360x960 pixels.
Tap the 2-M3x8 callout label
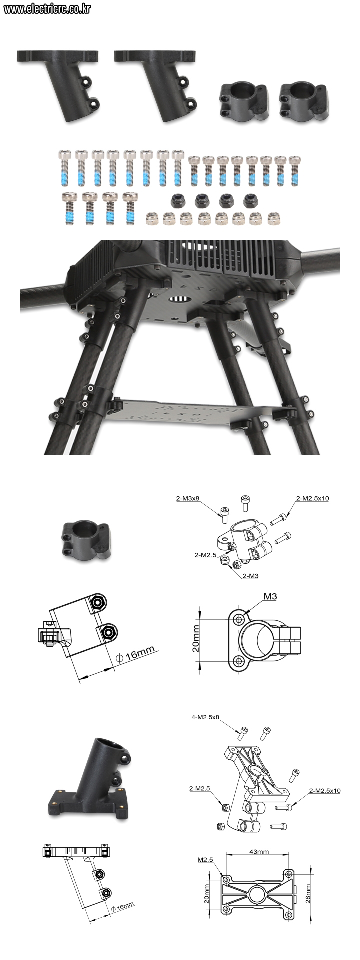[188, 498]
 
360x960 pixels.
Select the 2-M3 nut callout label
[250, 576]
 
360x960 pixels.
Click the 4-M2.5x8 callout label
[205, 717]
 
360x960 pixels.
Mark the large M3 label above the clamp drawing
[270, 596]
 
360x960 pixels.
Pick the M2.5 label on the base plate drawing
[205, 860]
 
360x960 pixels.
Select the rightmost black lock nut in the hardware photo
[250, 201]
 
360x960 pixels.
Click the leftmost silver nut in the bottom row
[151, 218]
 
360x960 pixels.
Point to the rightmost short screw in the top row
[295, 170]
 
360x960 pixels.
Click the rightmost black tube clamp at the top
[303, 102]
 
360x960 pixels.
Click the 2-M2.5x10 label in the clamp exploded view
[312, 498]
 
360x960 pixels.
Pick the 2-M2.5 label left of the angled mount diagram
[199, 788]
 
